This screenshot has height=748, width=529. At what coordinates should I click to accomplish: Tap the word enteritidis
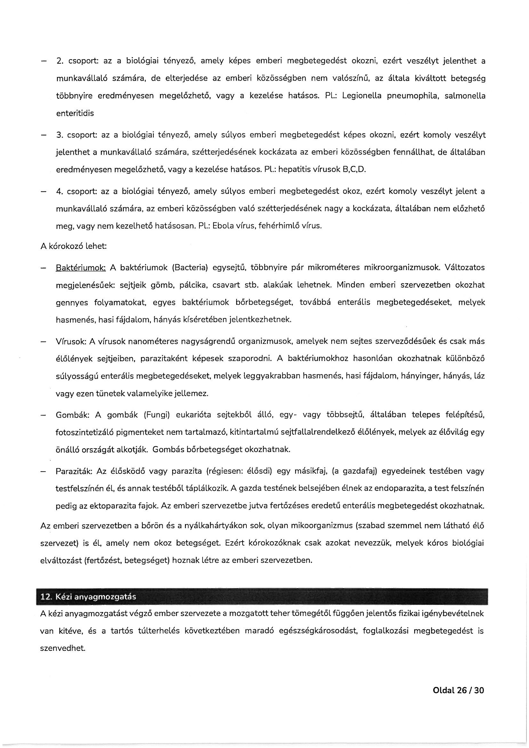pos(75,113)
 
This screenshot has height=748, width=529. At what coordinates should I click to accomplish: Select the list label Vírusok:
pos(71,341)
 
